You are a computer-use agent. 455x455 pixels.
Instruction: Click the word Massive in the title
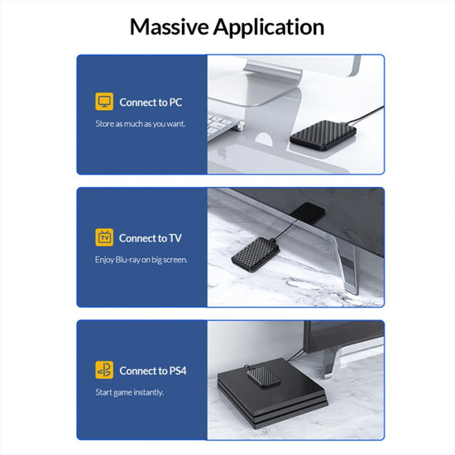point(169,26)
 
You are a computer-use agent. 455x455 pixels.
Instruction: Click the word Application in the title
point(269,28)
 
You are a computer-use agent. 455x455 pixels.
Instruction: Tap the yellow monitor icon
point(104,101)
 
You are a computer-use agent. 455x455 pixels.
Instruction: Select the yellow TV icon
point(104,237)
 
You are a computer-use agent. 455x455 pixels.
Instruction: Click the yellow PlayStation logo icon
point(104,370)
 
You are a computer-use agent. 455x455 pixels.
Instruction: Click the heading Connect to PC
point(151,102)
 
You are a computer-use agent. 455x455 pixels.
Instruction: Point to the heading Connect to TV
point(151,238)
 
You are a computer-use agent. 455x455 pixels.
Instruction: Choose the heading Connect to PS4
point(153,371)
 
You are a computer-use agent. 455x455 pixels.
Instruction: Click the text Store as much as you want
point(140,124)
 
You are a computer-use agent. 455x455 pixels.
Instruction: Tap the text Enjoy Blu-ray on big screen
point(141,260)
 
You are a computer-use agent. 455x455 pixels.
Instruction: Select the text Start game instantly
point(129,393)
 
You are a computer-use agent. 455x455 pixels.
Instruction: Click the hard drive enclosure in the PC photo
point(323,135)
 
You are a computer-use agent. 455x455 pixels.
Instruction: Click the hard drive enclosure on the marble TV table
point(256,254)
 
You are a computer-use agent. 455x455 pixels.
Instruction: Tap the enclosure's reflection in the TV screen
point(308,213)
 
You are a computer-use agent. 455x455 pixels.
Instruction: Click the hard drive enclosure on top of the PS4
point(264,377)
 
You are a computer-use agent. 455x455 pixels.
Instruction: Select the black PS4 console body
point(272,394)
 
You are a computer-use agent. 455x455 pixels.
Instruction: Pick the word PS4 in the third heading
point(178,371)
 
